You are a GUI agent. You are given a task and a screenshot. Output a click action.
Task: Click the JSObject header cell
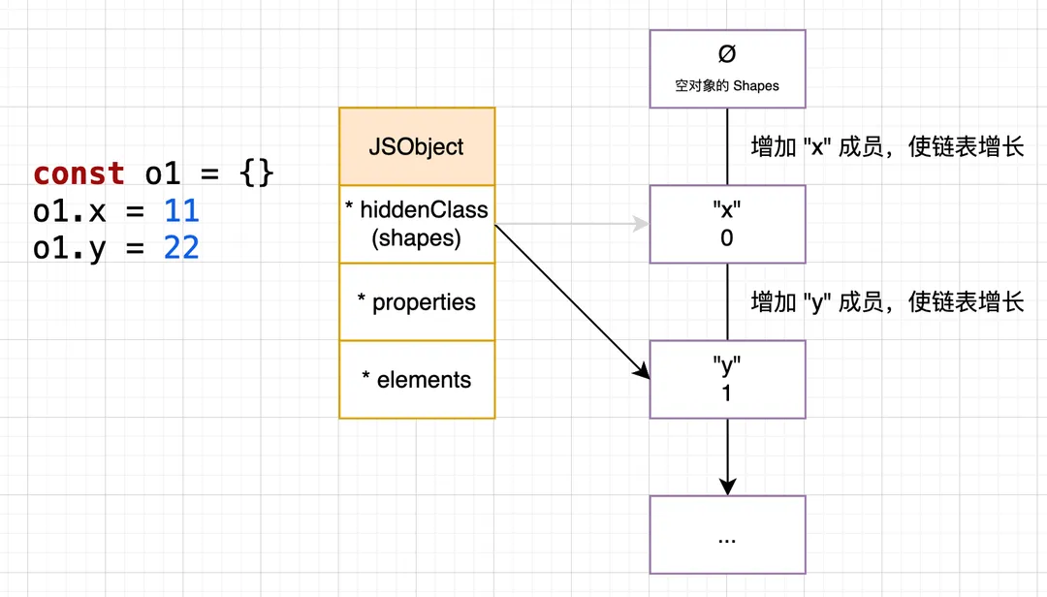coord(417,146)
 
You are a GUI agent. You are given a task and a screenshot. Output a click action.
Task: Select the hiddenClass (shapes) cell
coord(417,224)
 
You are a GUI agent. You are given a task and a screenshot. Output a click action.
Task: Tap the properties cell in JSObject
coord(417,301)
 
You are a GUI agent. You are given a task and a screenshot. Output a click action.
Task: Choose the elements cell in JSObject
coord(417,379)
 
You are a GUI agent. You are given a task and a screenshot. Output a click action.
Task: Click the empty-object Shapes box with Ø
coord(727,68)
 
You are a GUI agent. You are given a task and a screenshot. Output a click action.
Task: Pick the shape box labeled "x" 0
coord(727,224)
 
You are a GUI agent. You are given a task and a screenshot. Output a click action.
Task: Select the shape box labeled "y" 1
coord(727,379)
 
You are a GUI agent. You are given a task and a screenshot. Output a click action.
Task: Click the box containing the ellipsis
coord(727,534)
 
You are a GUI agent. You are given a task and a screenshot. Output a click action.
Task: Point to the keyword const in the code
coord(79,174)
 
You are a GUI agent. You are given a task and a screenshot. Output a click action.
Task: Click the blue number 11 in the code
coord(181,210)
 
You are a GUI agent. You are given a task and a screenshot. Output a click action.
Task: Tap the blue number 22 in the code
coord(181,247)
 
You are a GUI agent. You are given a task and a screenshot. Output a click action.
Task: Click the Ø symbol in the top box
coord(727,54)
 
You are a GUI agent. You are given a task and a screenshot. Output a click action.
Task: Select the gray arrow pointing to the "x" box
coord(572,225)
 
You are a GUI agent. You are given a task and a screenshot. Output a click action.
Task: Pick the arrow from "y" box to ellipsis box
coord(727,456)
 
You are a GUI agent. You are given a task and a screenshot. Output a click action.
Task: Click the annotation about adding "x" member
coord(887,147)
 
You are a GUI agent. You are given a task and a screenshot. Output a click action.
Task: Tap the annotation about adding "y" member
coord(887,302)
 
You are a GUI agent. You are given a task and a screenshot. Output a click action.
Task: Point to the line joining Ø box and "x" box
coord(727,145)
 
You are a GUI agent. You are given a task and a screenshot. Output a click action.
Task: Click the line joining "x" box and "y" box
coord(727,301)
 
